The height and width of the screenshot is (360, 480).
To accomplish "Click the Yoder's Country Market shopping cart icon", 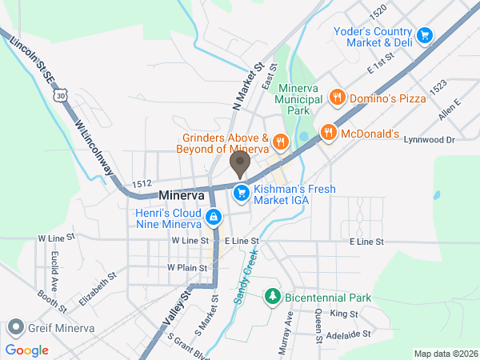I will [425, 35].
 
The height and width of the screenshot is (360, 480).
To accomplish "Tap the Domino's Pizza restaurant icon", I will [337, 98].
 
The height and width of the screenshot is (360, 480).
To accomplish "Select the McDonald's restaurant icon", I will [327, 133].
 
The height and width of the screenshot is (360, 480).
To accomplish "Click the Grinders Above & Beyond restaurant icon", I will [279, 142].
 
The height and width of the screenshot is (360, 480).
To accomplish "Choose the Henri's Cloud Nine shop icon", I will [213, 217].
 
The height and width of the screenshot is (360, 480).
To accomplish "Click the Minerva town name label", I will [182, 195].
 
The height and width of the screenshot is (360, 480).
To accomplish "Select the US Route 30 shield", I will [62, 96].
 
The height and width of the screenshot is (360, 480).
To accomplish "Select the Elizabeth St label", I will [98, 289].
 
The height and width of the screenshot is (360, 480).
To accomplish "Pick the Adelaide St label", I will [350, 334].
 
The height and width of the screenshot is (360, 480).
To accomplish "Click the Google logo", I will [27, 350].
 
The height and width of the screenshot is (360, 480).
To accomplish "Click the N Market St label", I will [247, 86].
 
